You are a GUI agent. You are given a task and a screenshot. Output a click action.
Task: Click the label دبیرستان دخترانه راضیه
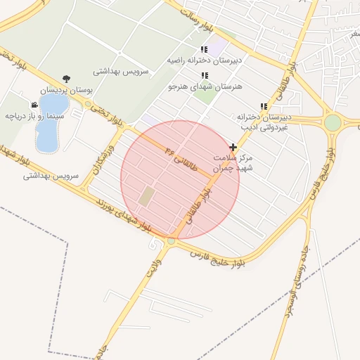pos(204,60)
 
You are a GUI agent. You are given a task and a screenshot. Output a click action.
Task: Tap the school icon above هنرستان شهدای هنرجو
pos(205,75)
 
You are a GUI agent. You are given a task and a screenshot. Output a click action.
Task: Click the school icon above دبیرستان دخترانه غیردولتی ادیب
pos(264,106)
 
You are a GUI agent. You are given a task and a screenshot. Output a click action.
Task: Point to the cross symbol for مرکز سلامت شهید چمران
pos(233,147)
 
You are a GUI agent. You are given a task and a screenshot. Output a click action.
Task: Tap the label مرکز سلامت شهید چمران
pos(233,164)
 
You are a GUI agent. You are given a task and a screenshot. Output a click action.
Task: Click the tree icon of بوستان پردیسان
pos(66,79)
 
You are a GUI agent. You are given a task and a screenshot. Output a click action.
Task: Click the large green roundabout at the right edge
pos(333,123)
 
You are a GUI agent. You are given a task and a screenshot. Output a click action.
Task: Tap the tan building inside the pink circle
pos(146,196)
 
